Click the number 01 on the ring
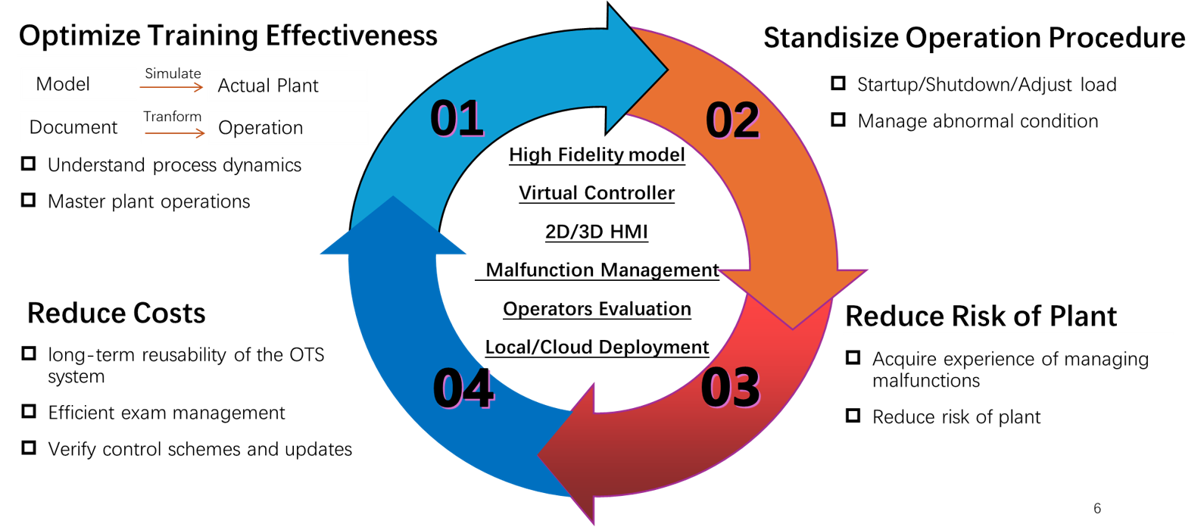(x=457, y=118)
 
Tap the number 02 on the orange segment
(x=732, y=120)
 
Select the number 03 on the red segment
(x=730, y=388)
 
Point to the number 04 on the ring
(x=463, y=388)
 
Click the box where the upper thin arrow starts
(x=79, y=84)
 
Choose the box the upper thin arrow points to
(x=288, y=86)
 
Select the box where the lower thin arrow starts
(x=80, y=127)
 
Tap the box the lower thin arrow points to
(x=289, y=128)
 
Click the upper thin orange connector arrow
(x=172, y=87)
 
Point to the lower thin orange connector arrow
(x=175, y=133)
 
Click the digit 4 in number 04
(x=479, y=388)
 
